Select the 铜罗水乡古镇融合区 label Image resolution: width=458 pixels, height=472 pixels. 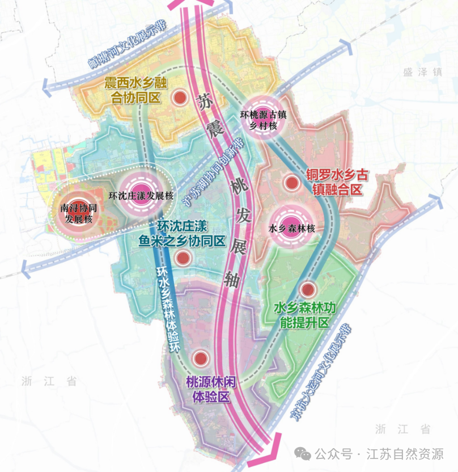point(333,182)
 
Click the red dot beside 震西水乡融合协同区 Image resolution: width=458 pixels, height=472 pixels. point(180,97)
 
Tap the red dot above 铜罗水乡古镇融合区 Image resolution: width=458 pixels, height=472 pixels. point(291,183)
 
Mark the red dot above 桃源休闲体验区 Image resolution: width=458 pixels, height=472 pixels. point(200,358)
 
